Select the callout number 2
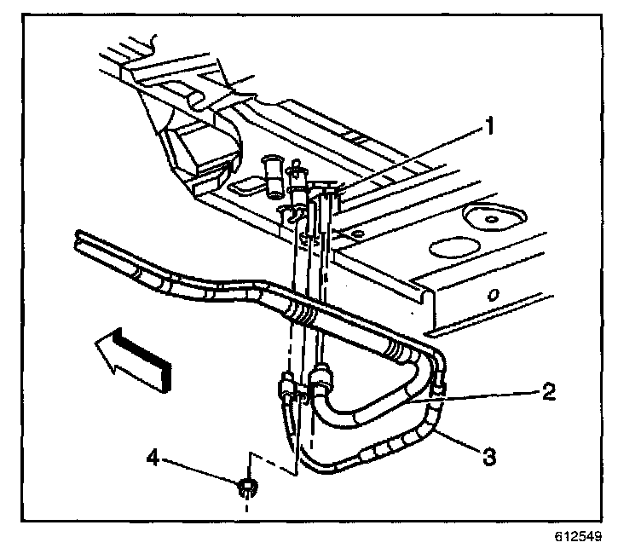[x=549, y=393]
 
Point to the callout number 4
[x=153, y=459]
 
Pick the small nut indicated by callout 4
[x=247, y=488]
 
